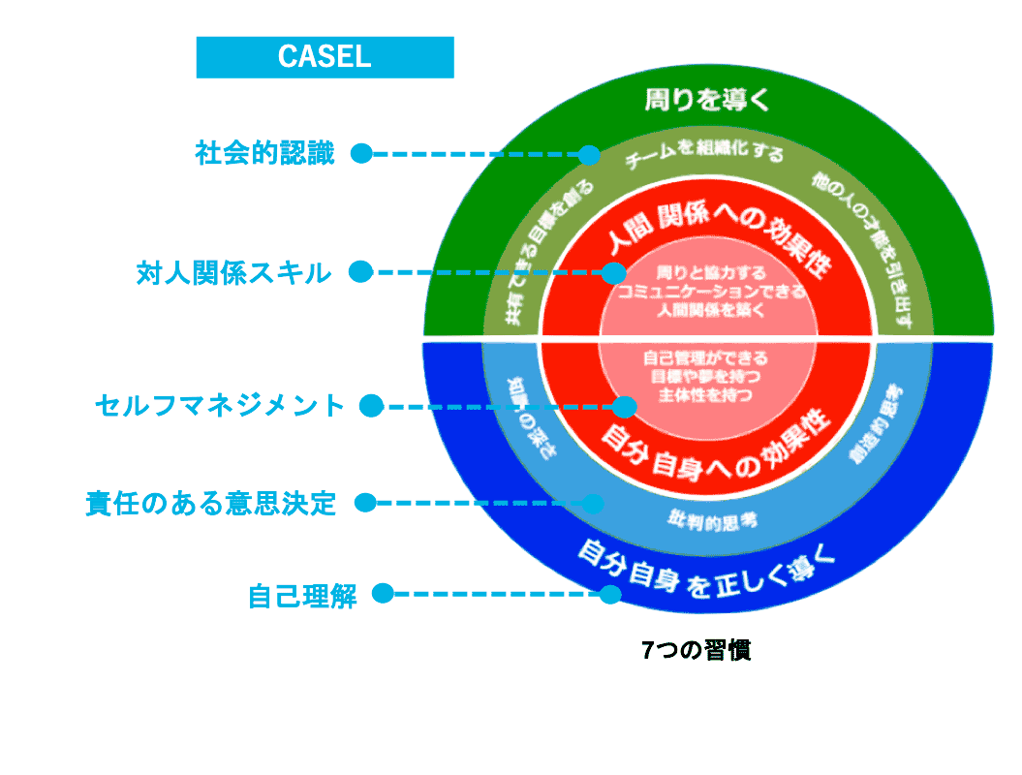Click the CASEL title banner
(325, 56)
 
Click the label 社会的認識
(264, 154)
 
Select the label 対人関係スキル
(233, 273)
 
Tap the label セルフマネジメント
(220, 406)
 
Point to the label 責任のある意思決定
(211, 504)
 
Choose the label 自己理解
(302, 595)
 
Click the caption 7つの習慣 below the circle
(696, 651)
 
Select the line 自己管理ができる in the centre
(705, 357)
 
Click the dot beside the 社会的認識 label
(361, 153)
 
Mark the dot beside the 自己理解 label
(383, 593)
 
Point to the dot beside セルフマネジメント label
(370, 406)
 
